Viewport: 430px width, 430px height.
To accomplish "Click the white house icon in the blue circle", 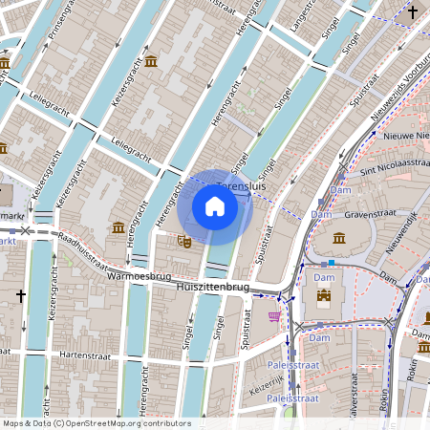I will pos(215,205).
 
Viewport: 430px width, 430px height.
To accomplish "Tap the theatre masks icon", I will pos(184,243).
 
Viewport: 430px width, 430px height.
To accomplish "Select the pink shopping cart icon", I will pos(275,315).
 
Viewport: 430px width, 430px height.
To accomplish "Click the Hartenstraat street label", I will pos(87,354).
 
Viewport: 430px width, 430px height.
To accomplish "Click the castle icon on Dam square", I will pos(324,296).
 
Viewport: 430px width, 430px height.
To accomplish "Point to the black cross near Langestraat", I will pos(413,12).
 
